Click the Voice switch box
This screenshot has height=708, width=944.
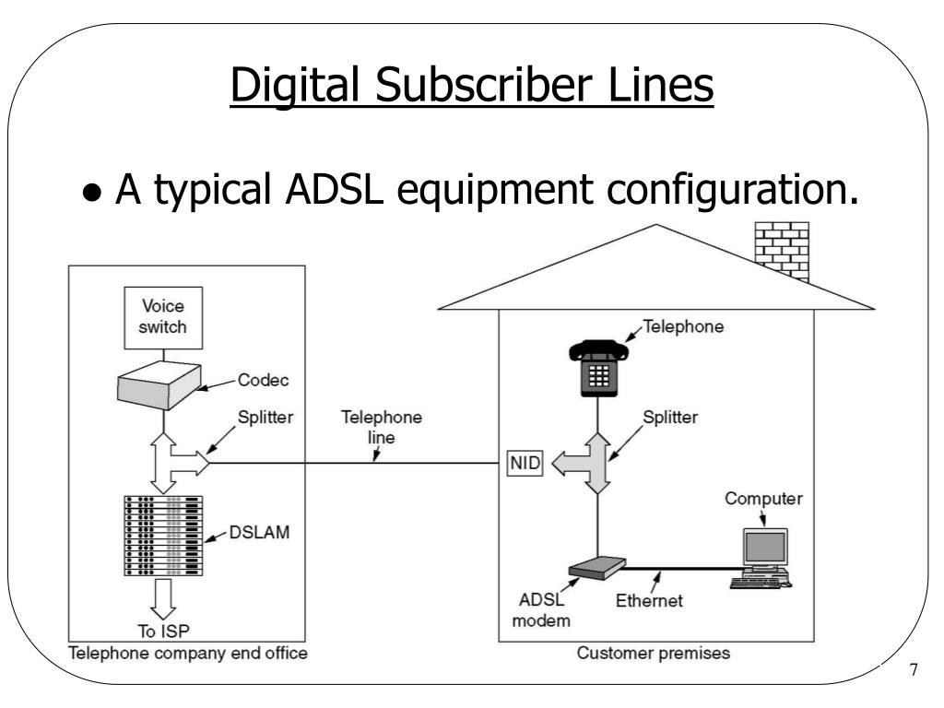[x=163, y=317]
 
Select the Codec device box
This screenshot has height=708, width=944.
[x=159, y=385]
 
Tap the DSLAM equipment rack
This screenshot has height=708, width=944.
[x=163, y=536]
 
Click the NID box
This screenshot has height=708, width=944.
[x=525, y=463]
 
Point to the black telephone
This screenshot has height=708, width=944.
[x=598, y=368]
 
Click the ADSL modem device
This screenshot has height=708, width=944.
[x=597, y=568]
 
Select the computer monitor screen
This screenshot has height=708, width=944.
[x=765, y=547]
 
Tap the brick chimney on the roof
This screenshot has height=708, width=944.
[x=782, y=251]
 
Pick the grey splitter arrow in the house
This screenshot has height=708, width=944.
[x=587, y=464]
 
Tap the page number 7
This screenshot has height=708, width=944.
[x=914, y=669]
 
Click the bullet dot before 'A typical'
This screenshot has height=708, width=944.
[x=91, y=192]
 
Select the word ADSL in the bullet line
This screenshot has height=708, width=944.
[x=334, y=188]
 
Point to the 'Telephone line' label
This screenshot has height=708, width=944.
[x=381, y=427]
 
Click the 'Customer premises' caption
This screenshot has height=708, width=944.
[x=654, y=654]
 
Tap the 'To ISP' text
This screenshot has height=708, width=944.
[x=163, y=631]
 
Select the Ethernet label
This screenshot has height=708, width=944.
[x=649, y=600]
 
